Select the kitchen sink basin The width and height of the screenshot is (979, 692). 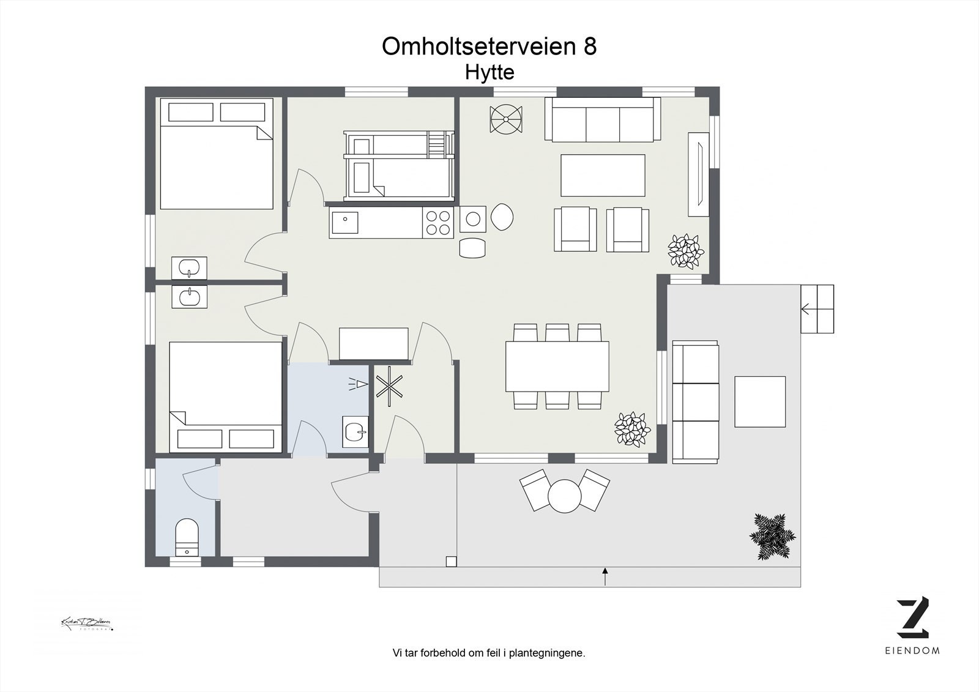tap(346, 221)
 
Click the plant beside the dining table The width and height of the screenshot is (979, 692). tap(631, 428)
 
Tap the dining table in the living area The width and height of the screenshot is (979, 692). tap(557, 366)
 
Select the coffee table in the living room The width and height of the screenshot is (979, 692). tap(603, 175)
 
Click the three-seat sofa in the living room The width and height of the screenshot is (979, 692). tap(603, 120)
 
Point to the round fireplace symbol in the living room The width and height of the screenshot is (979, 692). tap(506, 118)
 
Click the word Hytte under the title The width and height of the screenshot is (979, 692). tap(489, 72)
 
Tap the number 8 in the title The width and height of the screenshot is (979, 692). tap(589, 47)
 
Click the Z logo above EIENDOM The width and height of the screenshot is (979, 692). tap(913, 618)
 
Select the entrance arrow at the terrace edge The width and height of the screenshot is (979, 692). tap(605, 576)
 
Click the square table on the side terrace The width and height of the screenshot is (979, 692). tap(759, 401)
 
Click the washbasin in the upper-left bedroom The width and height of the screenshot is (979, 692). tap(189, 268)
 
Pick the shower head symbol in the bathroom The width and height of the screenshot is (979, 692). tap(360, 384)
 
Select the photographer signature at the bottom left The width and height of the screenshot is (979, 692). tap(86, 623)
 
